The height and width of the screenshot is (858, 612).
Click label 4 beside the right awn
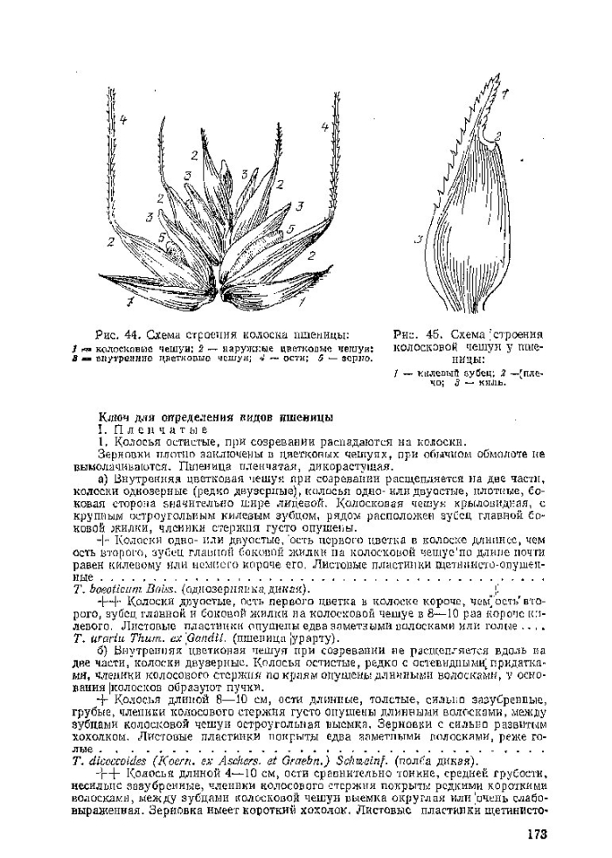(x=324, y=128)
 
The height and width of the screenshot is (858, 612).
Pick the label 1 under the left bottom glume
(x=129, y=303)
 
